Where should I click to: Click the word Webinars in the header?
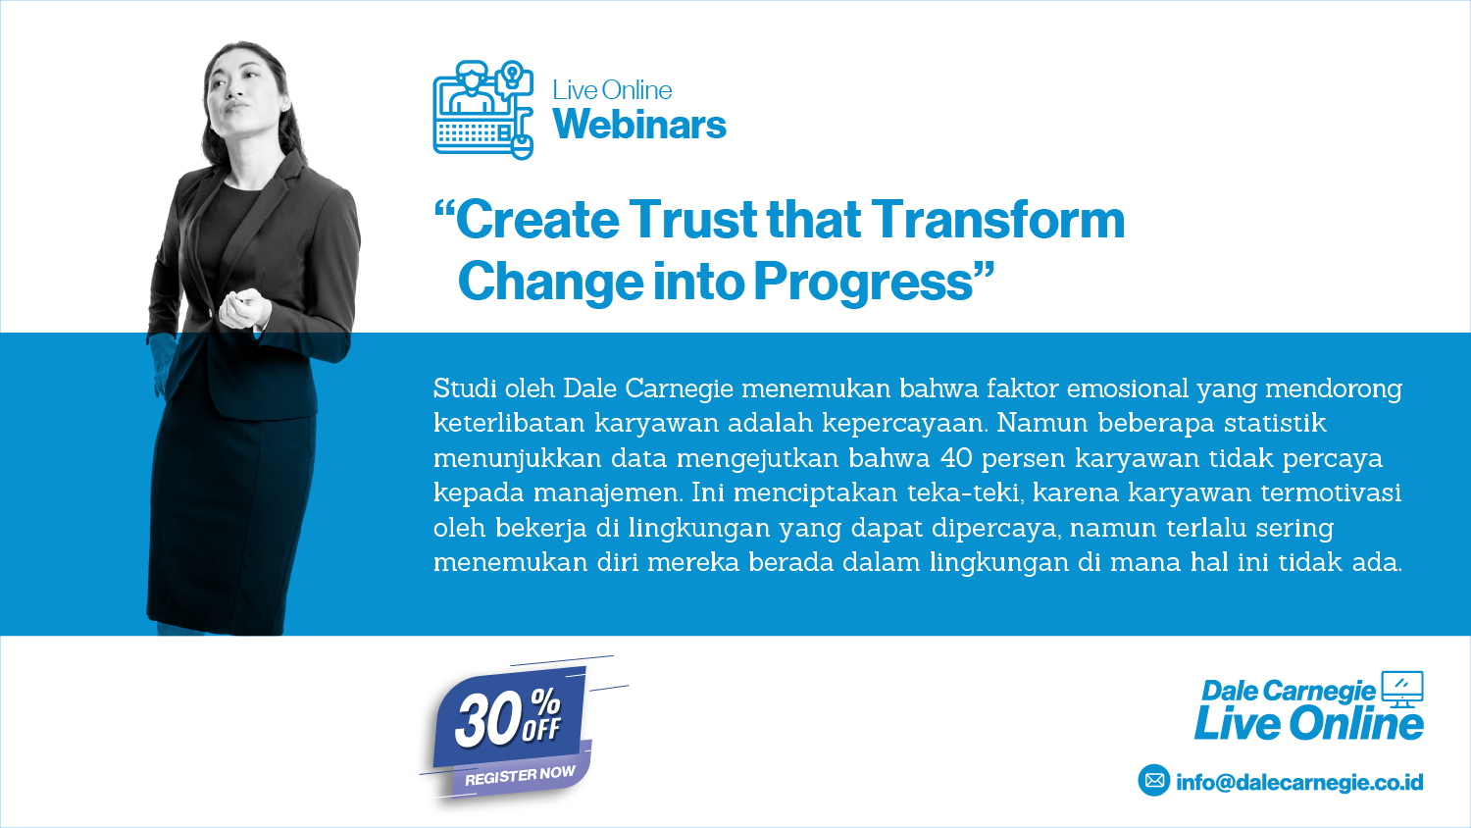pos(639,125)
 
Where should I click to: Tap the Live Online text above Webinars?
pos(612,90)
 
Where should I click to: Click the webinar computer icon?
pos(483,110)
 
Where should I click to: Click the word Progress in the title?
pos(863,282)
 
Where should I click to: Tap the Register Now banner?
pos(520,775)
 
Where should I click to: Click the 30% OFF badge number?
pos(507,719)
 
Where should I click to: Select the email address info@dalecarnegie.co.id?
pos(1299,782)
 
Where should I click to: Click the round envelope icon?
pos(1154,780)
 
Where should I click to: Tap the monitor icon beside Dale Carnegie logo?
pos(1402,690)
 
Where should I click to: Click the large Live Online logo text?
pos(1309,723)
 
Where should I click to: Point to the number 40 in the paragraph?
pos(956,457)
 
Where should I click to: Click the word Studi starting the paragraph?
pos(464,388)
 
